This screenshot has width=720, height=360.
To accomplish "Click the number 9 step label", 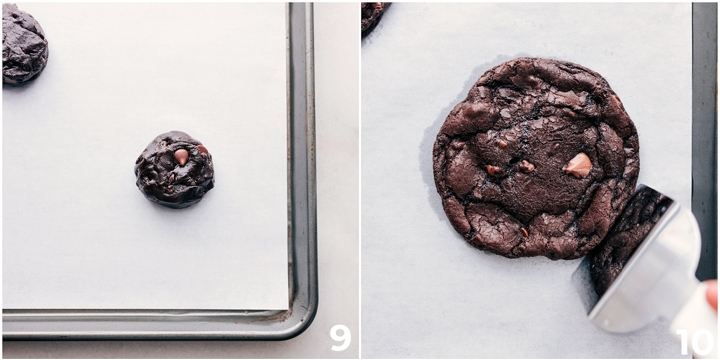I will [340, 338].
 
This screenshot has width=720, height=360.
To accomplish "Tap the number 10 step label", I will [694, 342].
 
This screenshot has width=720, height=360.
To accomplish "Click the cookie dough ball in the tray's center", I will [175, 169].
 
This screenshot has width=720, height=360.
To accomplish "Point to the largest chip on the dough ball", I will [181, 156].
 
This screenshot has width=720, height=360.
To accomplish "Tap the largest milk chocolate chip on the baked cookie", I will [578, 165].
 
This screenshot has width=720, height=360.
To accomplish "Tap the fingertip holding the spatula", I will [712, 294].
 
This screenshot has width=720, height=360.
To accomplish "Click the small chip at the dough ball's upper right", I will [203, 149].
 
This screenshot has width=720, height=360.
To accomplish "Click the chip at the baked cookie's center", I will [526, 167].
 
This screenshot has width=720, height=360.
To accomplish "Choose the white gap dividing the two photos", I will [359, 180].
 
